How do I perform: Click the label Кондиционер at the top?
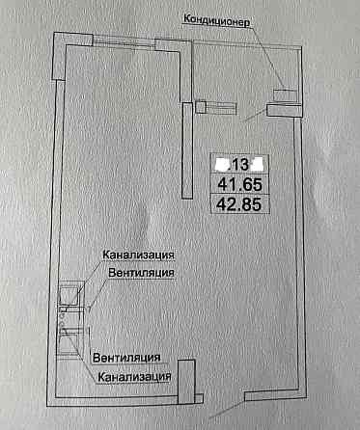(216, 18)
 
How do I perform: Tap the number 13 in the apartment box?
(241, 161)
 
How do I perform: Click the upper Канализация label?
(139, 255)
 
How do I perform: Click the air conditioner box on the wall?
(285, 94)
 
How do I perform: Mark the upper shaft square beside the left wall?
(69, 291)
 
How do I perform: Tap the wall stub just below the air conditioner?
(284, 111)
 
